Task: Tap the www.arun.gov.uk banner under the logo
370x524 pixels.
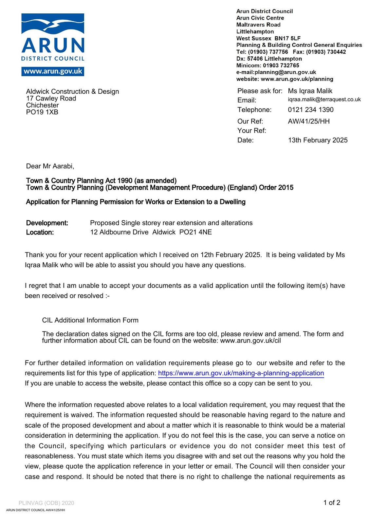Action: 53,71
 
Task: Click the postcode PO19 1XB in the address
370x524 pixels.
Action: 42,112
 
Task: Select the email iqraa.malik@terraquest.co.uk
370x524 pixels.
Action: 324,100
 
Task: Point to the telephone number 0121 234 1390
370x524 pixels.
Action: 311,110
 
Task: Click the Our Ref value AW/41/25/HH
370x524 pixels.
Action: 309,121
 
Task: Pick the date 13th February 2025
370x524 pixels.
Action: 318,140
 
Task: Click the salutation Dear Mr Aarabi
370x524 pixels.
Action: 50,166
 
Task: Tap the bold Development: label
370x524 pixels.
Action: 47,223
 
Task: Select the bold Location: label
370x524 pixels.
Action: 40,233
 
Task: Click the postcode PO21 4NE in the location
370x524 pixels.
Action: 195,232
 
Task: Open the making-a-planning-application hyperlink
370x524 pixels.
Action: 241,373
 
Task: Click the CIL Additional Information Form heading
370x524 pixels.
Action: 90,320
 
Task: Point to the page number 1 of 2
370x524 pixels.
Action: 332,503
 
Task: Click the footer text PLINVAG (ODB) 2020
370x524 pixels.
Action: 46,503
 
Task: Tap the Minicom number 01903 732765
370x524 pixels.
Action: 281,65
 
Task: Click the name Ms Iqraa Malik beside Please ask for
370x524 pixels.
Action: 310,91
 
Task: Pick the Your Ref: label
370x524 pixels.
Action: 252,131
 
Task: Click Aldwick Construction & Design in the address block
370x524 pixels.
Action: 73,92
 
